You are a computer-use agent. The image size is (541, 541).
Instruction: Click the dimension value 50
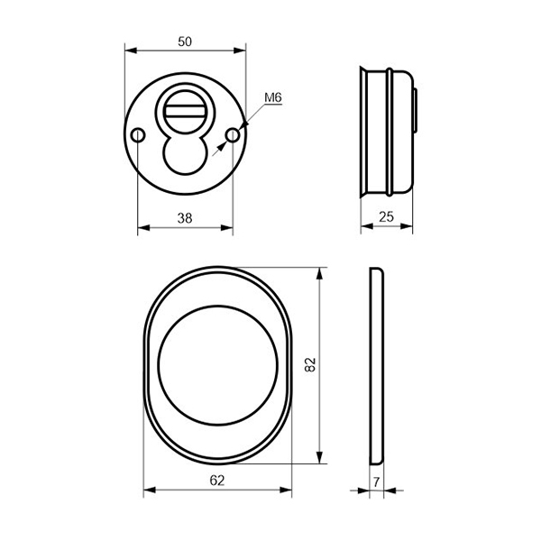point(185,41)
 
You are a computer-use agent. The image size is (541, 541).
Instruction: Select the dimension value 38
point(185,218)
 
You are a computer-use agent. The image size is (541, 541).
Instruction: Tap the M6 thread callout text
point(273,97)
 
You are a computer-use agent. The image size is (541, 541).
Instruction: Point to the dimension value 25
point(387,216)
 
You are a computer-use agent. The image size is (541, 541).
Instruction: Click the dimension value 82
point(310,364)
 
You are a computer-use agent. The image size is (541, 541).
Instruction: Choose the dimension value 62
point(217,481)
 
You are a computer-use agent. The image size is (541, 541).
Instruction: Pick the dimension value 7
point(376,481)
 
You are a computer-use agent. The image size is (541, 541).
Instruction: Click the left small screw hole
point(138,135)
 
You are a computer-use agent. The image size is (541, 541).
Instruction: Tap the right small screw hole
point(233,135)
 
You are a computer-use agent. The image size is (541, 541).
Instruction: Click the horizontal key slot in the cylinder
point(185,112)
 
